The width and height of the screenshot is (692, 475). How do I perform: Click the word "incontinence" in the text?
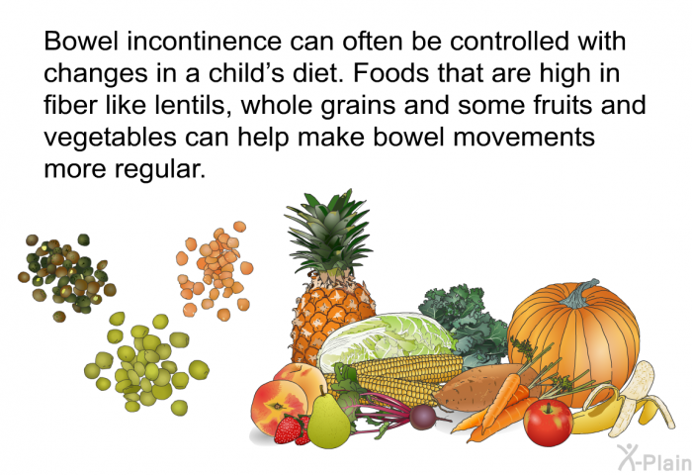click(x=205, y=42)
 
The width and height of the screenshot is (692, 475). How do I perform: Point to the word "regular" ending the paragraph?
click(x=160, y=169)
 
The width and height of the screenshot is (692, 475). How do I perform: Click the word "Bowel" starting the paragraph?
click(x=82, y=42)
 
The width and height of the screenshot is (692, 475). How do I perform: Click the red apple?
click(x=548, y=423)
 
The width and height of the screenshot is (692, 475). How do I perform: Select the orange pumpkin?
click(x=573, y=340)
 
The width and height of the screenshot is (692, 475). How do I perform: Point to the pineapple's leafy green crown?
click(x=330, y=232)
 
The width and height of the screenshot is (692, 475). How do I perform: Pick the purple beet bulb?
click(x=423, y=417)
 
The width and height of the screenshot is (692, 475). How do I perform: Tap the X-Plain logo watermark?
click(x=654, y=457)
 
